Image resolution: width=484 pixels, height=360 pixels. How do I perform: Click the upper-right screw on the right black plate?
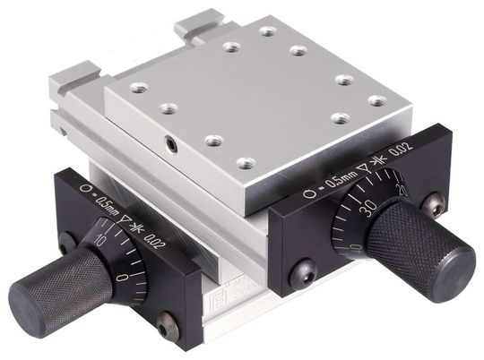pos(436,205)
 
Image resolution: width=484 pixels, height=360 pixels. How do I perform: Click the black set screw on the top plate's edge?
pos(169,141)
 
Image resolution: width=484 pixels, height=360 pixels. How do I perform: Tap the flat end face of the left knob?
pos(22,298)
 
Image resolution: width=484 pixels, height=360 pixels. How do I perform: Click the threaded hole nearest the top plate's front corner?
pos(245,164)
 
